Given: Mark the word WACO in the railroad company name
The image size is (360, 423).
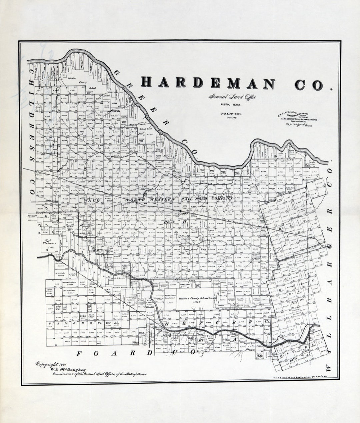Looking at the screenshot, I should click(90, 201).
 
